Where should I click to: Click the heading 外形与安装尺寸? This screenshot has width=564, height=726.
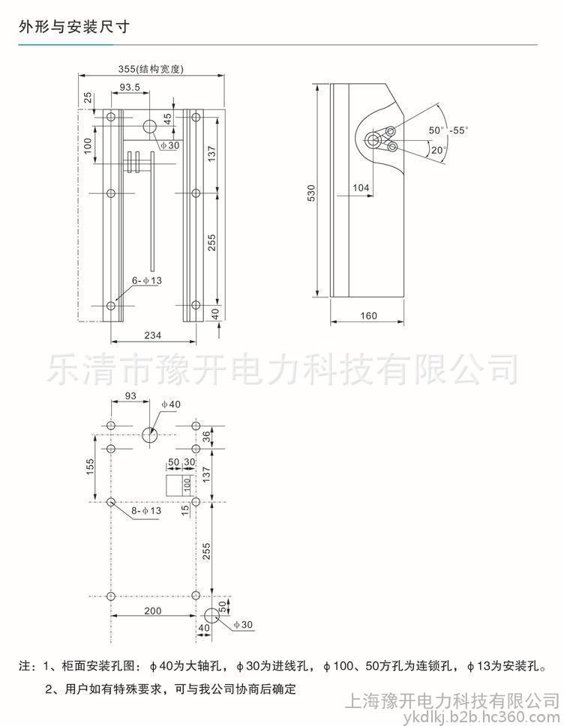click(x=75, y=27)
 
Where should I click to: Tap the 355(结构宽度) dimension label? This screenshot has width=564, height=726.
click(x=151, y=69)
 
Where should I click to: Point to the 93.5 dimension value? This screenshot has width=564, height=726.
click(x=130, y=88)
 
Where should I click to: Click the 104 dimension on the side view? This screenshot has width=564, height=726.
click(x=361, y=188)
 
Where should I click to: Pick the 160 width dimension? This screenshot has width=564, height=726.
click(x=368, y=315)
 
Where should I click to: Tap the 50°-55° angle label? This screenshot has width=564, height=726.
click(x=448, y=130)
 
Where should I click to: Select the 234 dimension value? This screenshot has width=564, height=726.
click(x=153, y=335)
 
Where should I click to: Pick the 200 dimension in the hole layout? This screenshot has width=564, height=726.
click(x=152, y=611)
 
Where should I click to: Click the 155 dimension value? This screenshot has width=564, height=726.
click(x=89, y=466)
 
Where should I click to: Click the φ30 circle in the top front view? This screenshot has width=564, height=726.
click(x=150, y=127)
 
